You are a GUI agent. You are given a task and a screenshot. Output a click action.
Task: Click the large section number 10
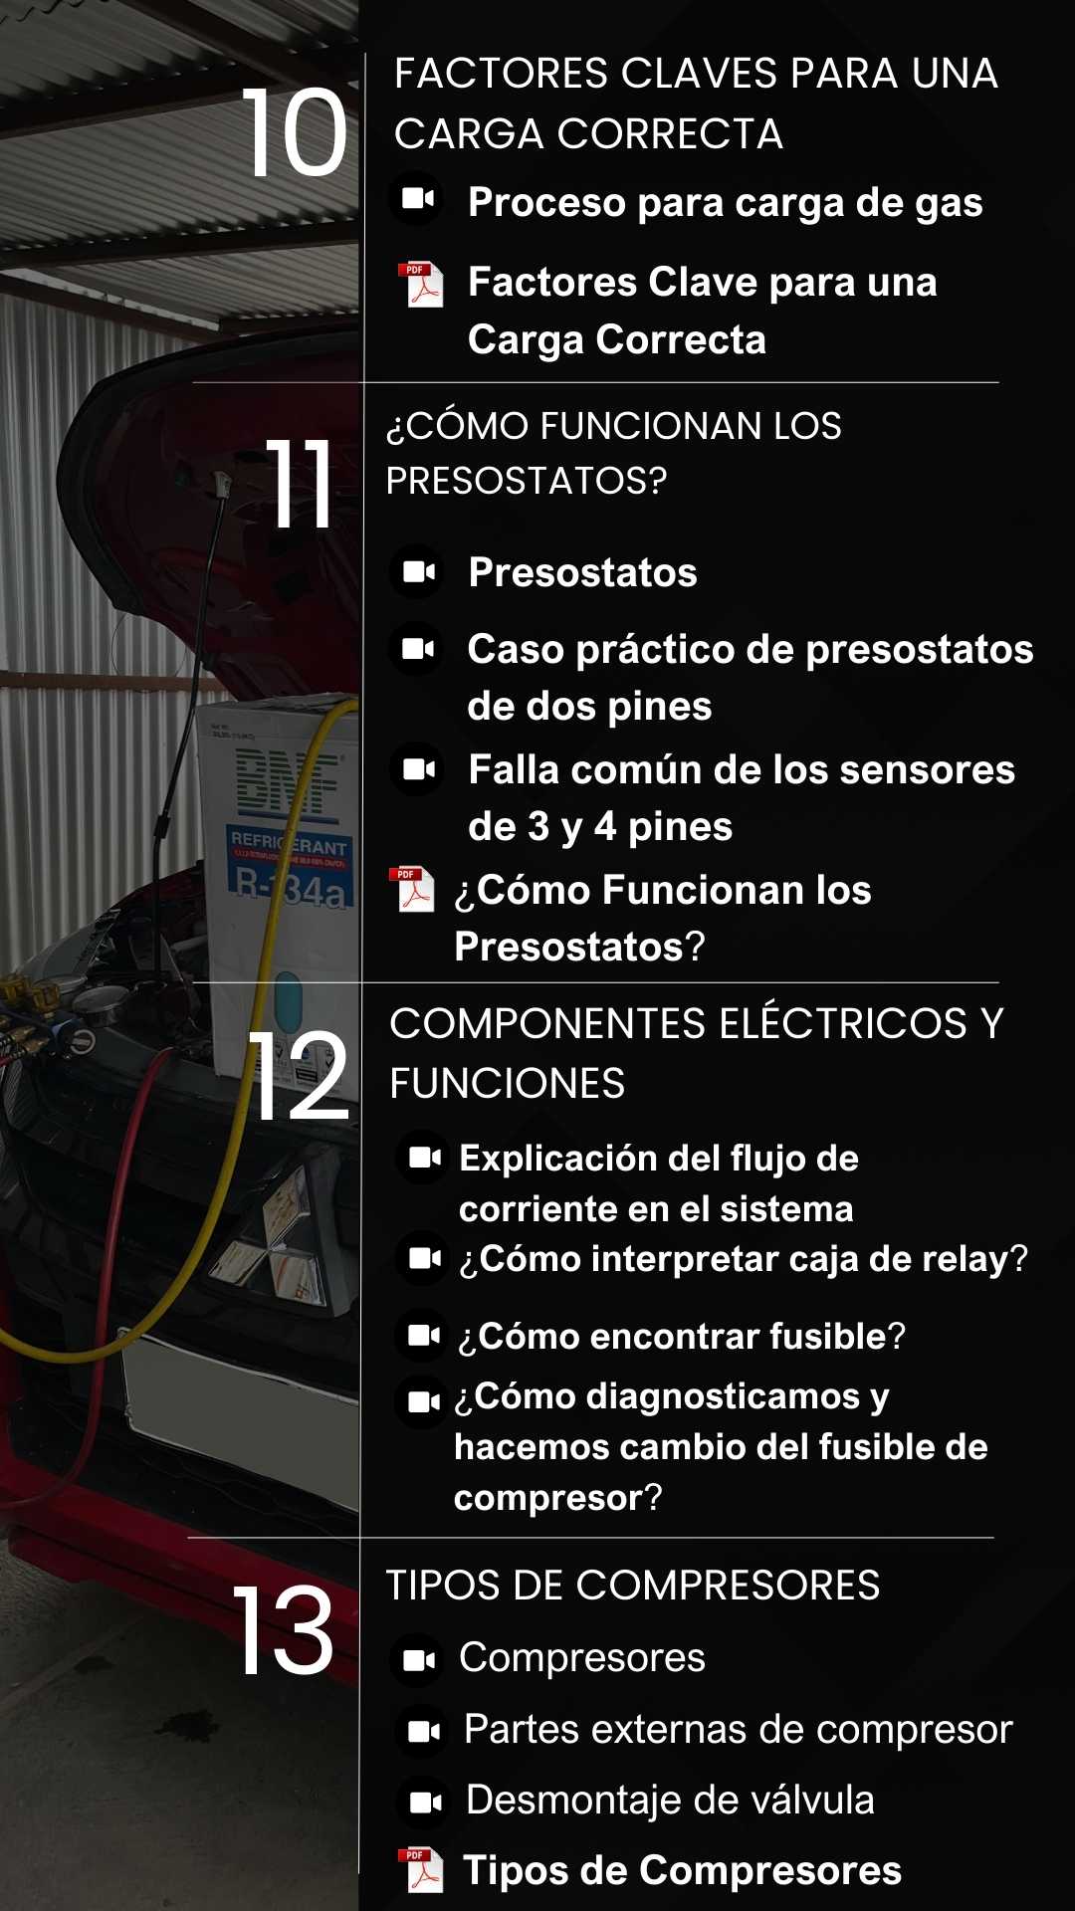295,132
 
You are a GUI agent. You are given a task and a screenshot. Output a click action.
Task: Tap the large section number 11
299,484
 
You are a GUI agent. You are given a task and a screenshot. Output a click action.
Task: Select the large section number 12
299,1076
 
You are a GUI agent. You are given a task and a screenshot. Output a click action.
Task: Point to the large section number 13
284,1630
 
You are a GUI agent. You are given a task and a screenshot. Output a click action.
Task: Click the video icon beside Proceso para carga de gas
417,199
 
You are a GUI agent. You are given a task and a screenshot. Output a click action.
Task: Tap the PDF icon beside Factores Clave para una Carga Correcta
421,285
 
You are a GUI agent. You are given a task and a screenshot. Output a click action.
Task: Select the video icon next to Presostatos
417,571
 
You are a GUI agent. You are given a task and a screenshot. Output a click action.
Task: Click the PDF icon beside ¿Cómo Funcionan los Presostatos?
413,888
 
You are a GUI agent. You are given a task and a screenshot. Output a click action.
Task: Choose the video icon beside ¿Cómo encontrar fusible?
423,1335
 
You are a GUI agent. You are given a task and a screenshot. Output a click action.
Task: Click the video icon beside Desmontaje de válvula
425,1802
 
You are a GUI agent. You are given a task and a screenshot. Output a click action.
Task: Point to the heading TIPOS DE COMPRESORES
633,1586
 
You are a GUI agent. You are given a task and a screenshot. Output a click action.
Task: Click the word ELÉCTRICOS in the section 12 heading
843,1024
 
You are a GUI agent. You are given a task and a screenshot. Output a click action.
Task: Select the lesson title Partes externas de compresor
738,1730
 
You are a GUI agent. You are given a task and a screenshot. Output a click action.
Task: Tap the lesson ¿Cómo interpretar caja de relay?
744,1259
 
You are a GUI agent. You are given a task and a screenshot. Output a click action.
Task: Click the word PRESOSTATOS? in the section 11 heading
526,481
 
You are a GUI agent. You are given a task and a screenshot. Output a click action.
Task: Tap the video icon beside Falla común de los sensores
417,768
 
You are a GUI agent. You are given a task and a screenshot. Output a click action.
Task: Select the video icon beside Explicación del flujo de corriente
423,1158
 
